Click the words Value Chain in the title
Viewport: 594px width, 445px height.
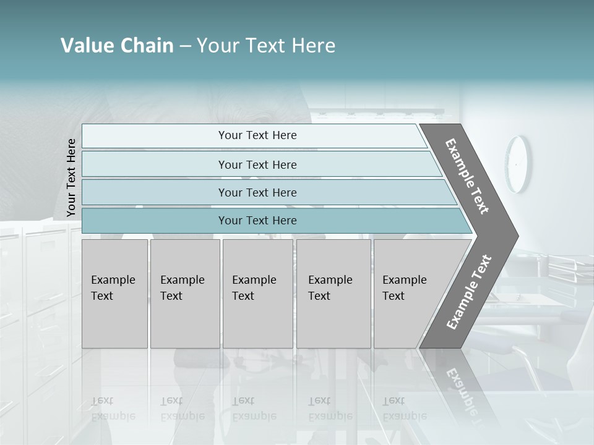pyautogui.click(x=117, y=46)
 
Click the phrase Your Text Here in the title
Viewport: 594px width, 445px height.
pyautogui.click(x=266, y=46)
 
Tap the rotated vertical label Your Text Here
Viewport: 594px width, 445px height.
pyautogui.click(x=71, y=177)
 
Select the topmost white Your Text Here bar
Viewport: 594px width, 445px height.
pyautogui.click(x=257, y=135)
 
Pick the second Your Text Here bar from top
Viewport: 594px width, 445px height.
pyautogui.click(x=257, y=164)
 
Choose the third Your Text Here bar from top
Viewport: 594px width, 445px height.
pyautogui.click(x=257, y=192)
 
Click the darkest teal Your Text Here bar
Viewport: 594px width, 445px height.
pyautogui.click(x=257, y=221)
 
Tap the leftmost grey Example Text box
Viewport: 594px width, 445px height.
pyautogui.click(x=114, y=293)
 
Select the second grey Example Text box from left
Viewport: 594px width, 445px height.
pyautogui.click(x=184, y=293)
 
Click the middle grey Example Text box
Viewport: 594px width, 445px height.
pyautogui.click(x=257, y=293)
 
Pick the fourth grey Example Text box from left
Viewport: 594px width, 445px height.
pyautogui.click(x=333, y=293)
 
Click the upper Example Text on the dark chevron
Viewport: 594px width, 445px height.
pyautogui.click(x=467, y=176)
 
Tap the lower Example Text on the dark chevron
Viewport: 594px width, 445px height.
pyautogui.click(x=469, y=292)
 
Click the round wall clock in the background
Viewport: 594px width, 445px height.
pyautogui.click(x=518, y=164)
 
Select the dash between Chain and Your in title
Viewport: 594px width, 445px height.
pyautogui.click(x=185, y=46)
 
